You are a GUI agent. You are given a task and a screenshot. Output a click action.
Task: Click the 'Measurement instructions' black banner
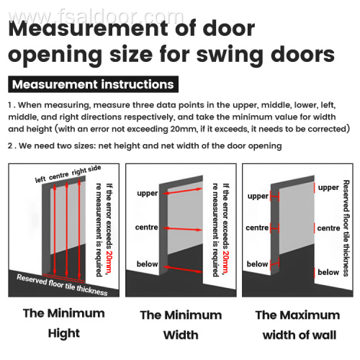(94, 84)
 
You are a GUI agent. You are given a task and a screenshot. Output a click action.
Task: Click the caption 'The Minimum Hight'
(63, 323)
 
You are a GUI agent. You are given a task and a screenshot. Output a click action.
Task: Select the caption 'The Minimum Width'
(179, 324)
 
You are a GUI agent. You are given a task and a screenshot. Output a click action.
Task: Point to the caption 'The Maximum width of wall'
(297, 324)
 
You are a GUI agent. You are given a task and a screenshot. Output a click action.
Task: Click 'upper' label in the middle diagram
(147, 194)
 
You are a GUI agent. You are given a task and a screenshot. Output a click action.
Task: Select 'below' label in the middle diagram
(147, 264)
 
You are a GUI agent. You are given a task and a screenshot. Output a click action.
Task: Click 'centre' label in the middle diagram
(147, 228)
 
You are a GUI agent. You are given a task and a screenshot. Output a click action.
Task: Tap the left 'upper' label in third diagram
(258, 196)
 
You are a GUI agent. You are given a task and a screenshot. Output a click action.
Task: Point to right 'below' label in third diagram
(328, 272)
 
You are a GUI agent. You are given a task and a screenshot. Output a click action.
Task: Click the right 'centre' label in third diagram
(328, 228)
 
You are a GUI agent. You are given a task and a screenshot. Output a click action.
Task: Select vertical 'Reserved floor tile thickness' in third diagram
(348, 228)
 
